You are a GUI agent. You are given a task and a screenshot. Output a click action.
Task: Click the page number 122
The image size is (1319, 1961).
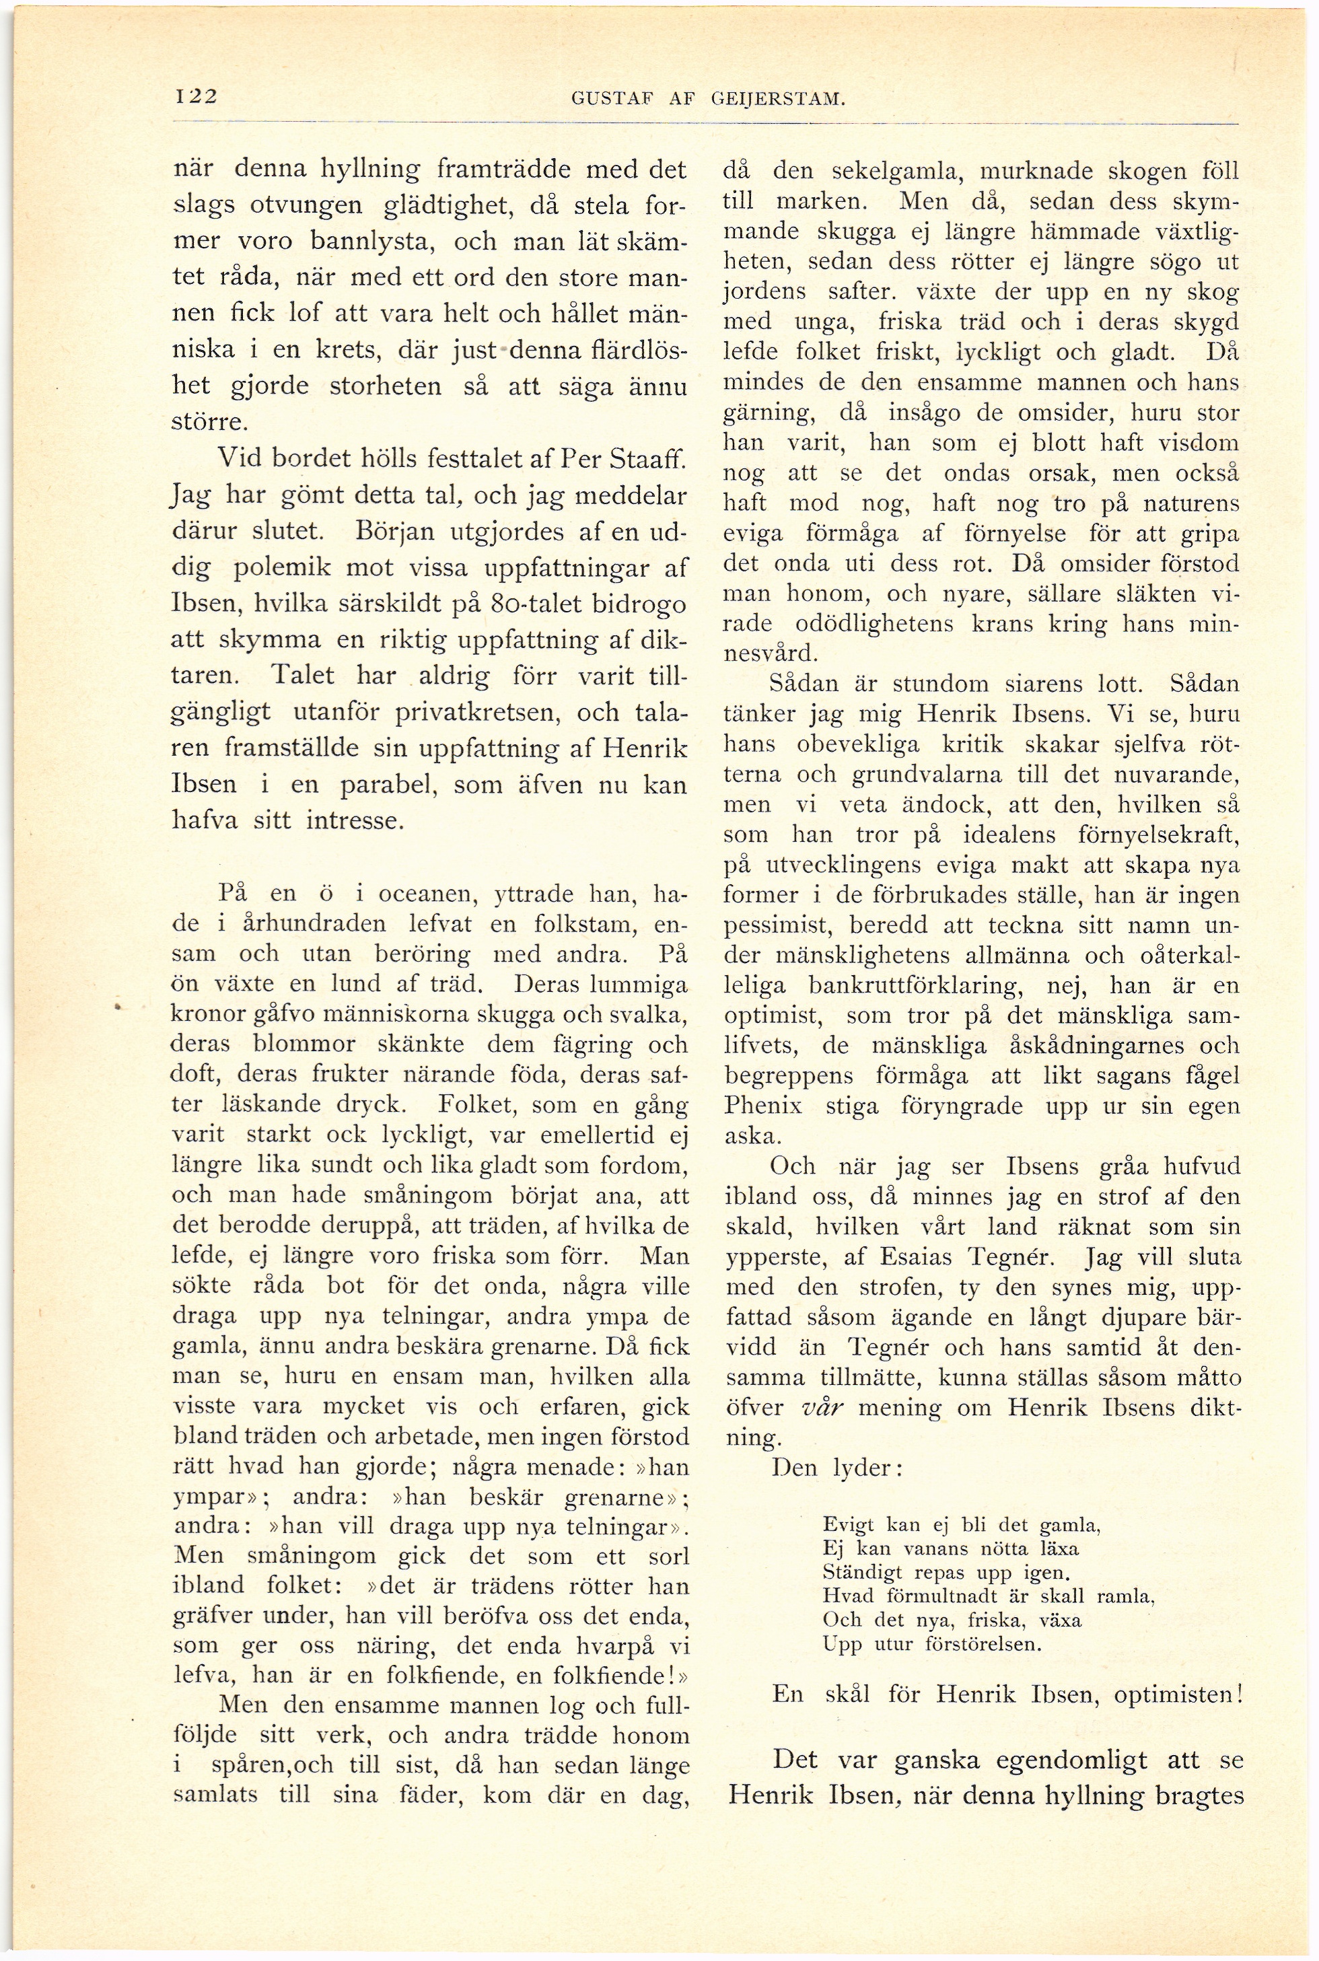[194, 96]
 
